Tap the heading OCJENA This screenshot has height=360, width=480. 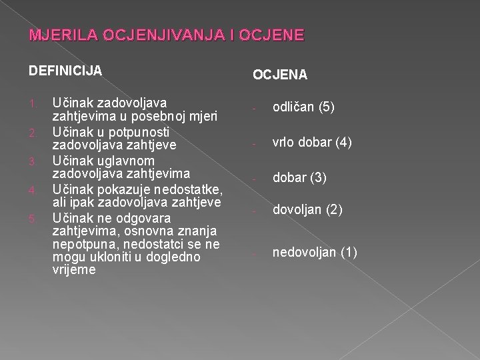point(279,76)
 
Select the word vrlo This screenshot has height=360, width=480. point(285,143)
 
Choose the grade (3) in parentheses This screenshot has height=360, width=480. point(318,177)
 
